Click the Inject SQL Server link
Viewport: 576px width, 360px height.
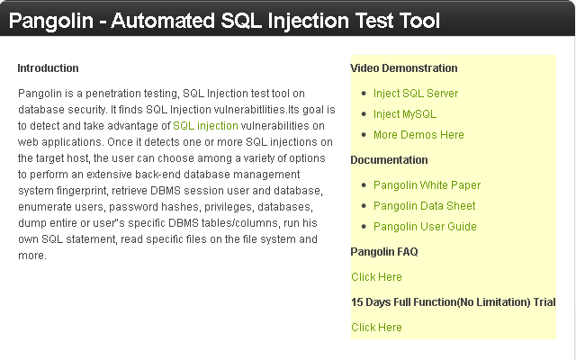coord(416,94)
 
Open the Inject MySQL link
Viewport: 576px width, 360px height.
coord(405,114)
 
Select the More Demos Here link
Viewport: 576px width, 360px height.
coord(418,135)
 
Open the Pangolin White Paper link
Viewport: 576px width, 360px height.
coord(427,185)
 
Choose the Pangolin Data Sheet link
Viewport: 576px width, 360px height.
coord(424,206)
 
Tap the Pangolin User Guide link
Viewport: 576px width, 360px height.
coord(425,227)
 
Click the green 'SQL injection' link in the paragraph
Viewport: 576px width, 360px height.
coord(205,126)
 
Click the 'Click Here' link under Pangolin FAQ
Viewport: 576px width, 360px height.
coord(376,277)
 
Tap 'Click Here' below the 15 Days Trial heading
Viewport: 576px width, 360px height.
coord(376,328)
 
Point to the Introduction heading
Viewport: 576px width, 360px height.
coord(48,68)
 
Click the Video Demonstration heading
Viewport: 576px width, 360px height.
coord(404,68)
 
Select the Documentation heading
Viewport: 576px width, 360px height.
coord(389,160)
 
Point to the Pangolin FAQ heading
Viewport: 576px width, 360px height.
coord(384,252)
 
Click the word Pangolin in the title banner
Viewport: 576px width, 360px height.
coord(50,21)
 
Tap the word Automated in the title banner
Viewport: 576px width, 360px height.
coord(163,21)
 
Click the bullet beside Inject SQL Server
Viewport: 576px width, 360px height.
coord(364,94)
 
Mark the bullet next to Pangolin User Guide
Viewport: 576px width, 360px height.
coord(364,227)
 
